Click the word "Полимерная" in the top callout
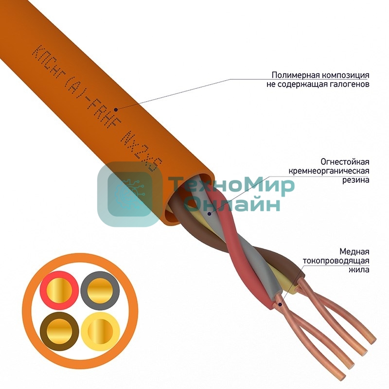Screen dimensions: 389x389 (x=287, y=75)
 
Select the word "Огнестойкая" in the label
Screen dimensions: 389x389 (x=345, y=161)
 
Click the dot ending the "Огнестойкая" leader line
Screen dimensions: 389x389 (x=209, y=213)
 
